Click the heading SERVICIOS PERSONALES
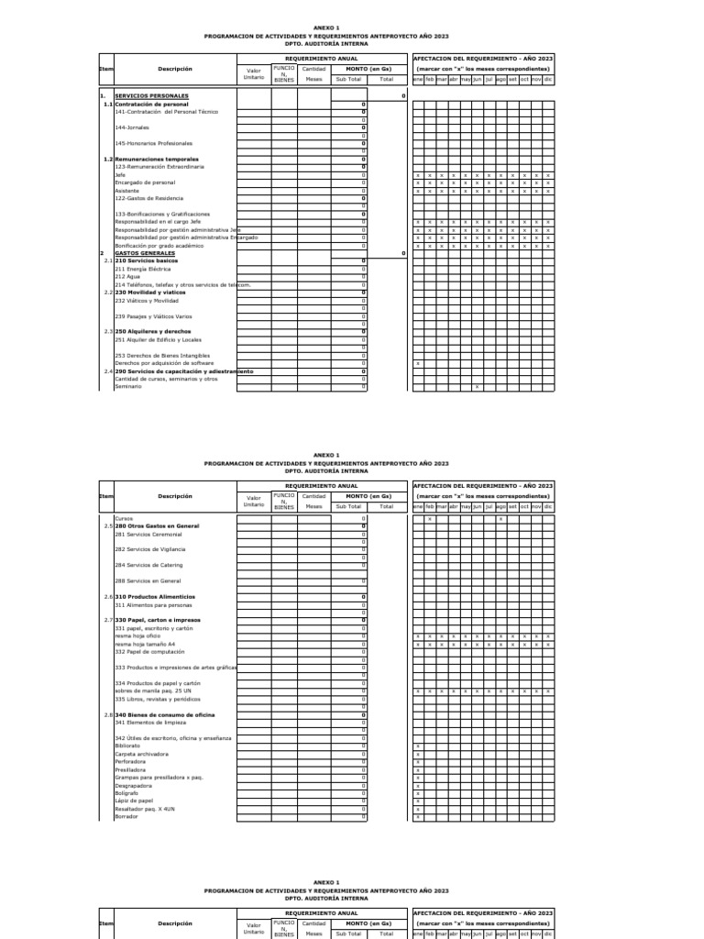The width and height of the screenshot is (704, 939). click(x=151, y=96)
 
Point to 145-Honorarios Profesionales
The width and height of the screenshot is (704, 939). click(x=154, y=144)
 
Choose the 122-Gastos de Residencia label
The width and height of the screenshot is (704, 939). click(x=148, y=198)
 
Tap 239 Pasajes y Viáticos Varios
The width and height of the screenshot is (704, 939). click(x=153, y=316)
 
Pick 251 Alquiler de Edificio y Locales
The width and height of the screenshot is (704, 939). click(x=158, y=339)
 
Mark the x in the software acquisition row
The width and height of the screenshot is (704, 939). click(x=418, y=363)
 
